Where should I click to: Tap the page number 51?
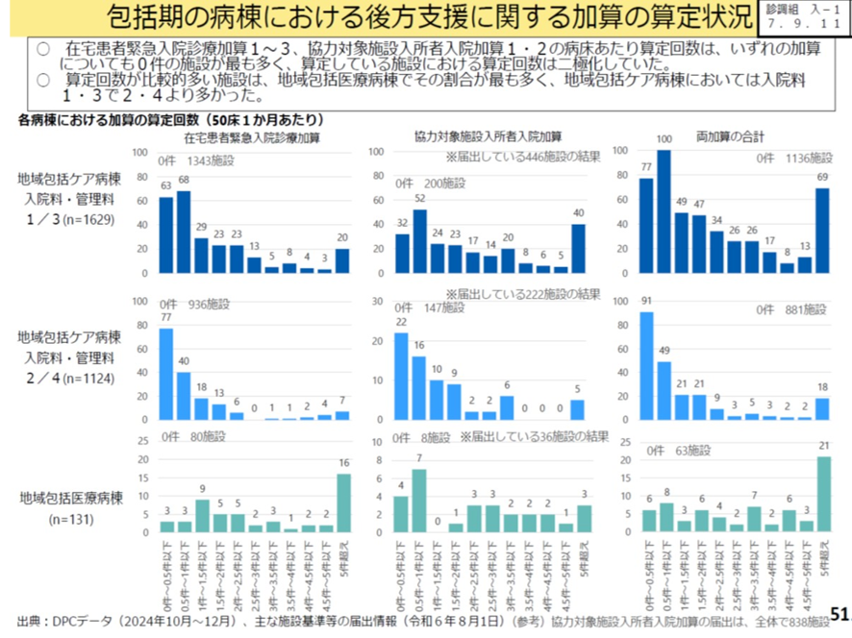pyautogui.click(x=839, y=613)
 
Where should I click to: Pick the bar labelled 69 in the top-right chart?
pyautogui.click(x=822, y=231)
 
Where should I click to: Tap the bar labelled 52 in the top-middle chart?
pyautogui.click(x=420, y=241)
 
